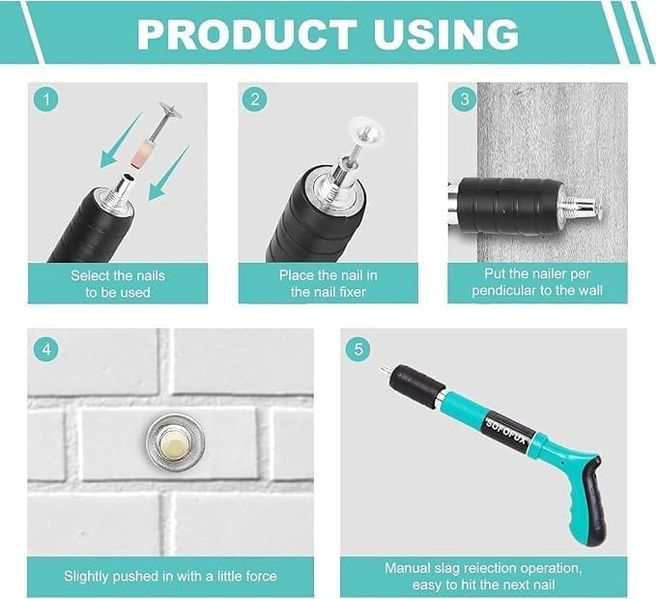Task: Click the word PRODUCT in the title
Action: tap(246, 34)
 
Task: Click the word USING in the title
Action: tap(446, 34)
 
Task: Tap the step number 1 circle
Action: tap(46, 100)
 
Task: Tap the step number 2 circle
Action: tap(255, 100)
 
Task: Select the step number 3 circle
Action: tap(465, 100)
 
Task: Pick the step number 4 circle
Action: tap(46, 350)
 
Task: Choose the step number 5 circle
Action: tap(358, 350)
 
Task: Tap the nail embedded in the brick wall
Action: tap(175, 442)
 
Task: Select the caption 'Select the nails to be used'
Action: tap(118, 284)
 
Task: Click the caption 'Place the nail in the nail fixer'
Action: tap(328, 284)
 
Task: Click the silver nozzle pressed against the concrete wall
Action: tap(581, 206)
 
